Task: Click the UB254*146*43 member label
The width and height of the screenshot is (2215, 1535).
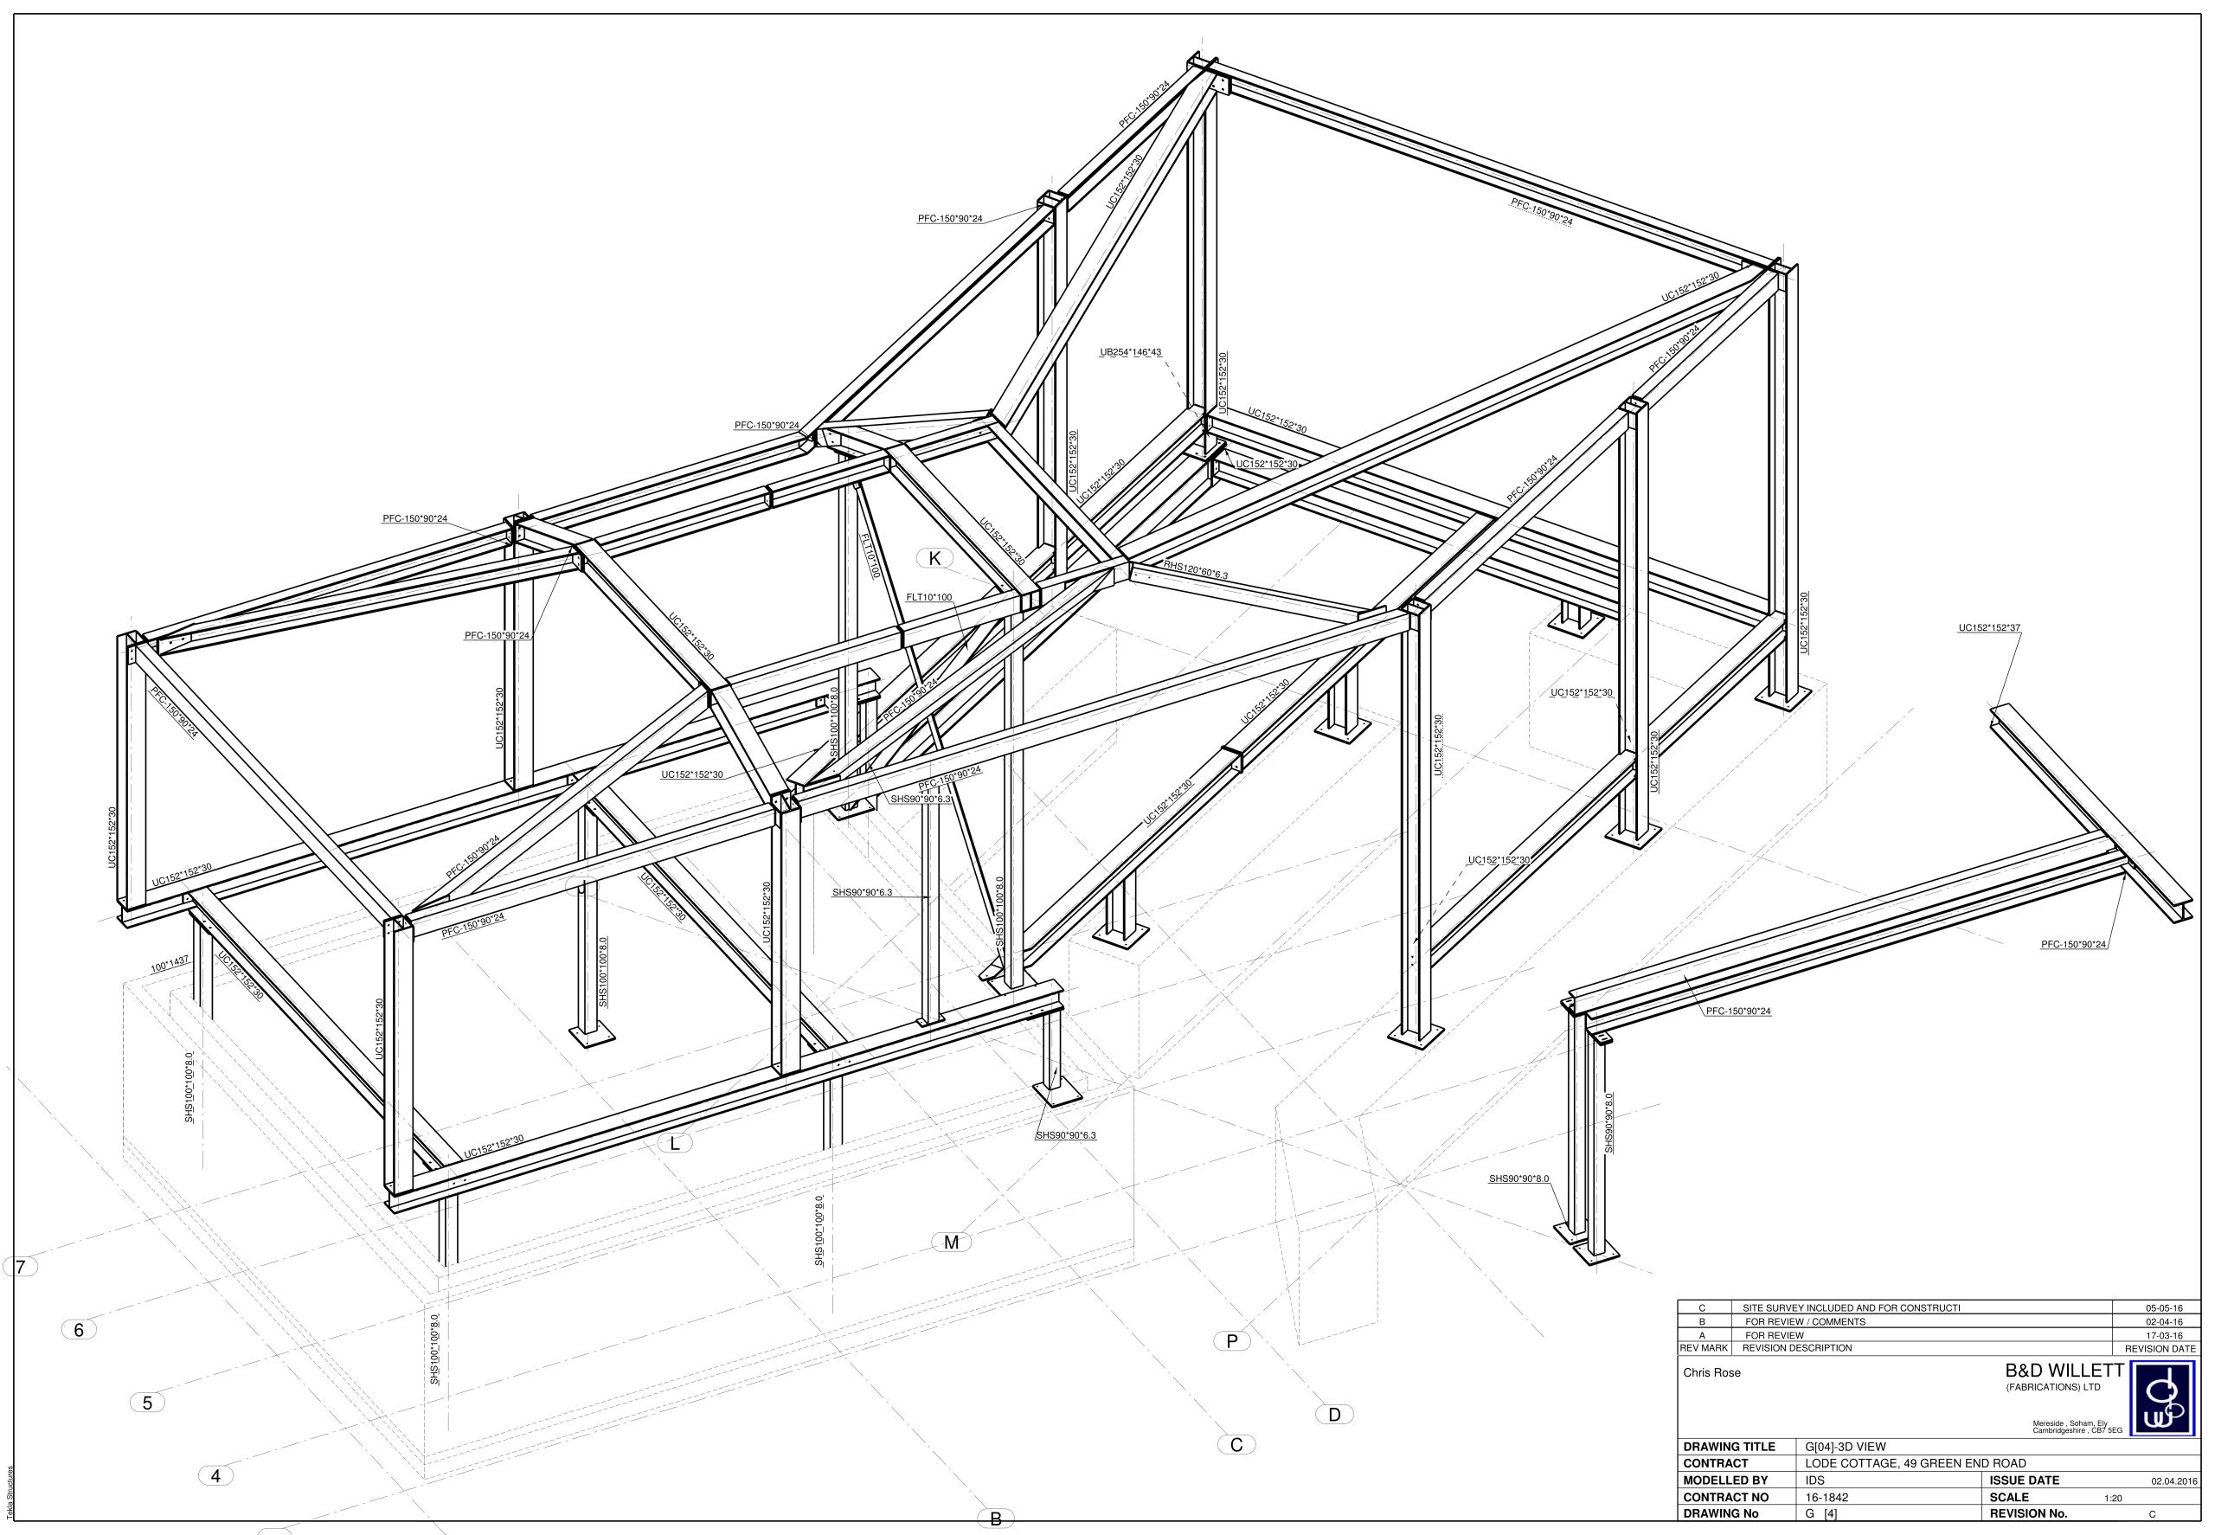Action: click(x=1130, y=352)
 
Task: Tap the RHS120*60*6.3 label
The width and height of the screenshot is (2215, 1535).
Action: click(x=1195, y=570)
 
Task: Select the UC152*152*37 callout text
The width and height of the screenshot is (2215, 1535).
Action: click(x=1989, y=628)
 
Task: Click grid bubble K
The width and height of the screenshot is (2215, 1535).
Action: click(x=934, y=558)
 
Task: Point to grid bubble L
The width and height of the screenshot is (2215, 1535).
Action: click(x=675, y=1142)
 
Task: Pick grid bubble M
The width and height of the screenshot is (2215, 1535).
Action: click(x=951, y=1242)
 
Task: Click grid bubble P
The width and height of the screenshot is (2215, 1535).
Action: click(x=1231, y=1340)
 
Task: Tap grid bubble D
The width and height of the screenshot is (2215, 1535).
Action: click(x=1334, y=1414)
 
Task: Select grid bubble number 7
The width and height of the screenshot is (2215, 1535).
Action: click(x=21, y=1267)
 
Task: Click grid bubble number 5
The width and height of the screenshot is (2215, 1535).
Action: click(x=147, y=1403)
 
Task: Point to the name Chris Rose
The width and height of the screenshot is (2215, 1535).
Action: click(x=1712, y=1372)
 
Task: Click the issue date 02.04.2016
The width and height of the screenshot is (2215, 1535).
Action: click(x=2173, y=1481)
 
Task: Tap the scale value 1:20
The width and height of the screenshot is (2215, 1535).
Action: click(x=2113, y=1498)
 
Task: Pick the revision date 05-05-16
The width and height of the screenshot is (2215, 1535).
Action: click(x=2164, y=1308)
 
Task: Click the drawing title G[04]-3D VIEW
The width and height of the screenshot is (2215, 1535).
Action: click(x=1846, y=1447)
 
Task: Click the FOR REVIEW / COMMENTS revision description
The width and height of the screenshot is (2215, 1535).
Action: click(x=1805, y=1321)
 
